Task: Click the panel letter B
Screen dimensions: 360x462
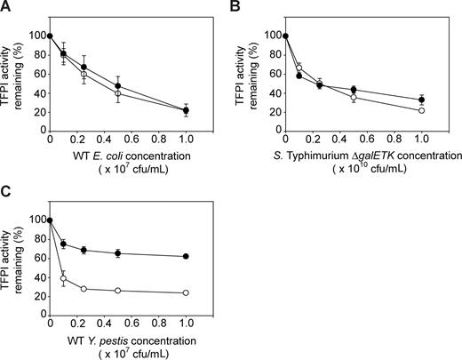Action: [240, 7]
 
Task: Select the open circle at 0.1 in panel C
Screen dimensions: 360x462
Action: [63, 278]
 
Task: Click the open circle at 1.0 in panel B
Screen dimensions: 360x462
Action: [422, 110]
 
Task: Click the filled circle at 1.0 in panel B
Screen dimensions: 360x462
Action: [422, 100]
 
